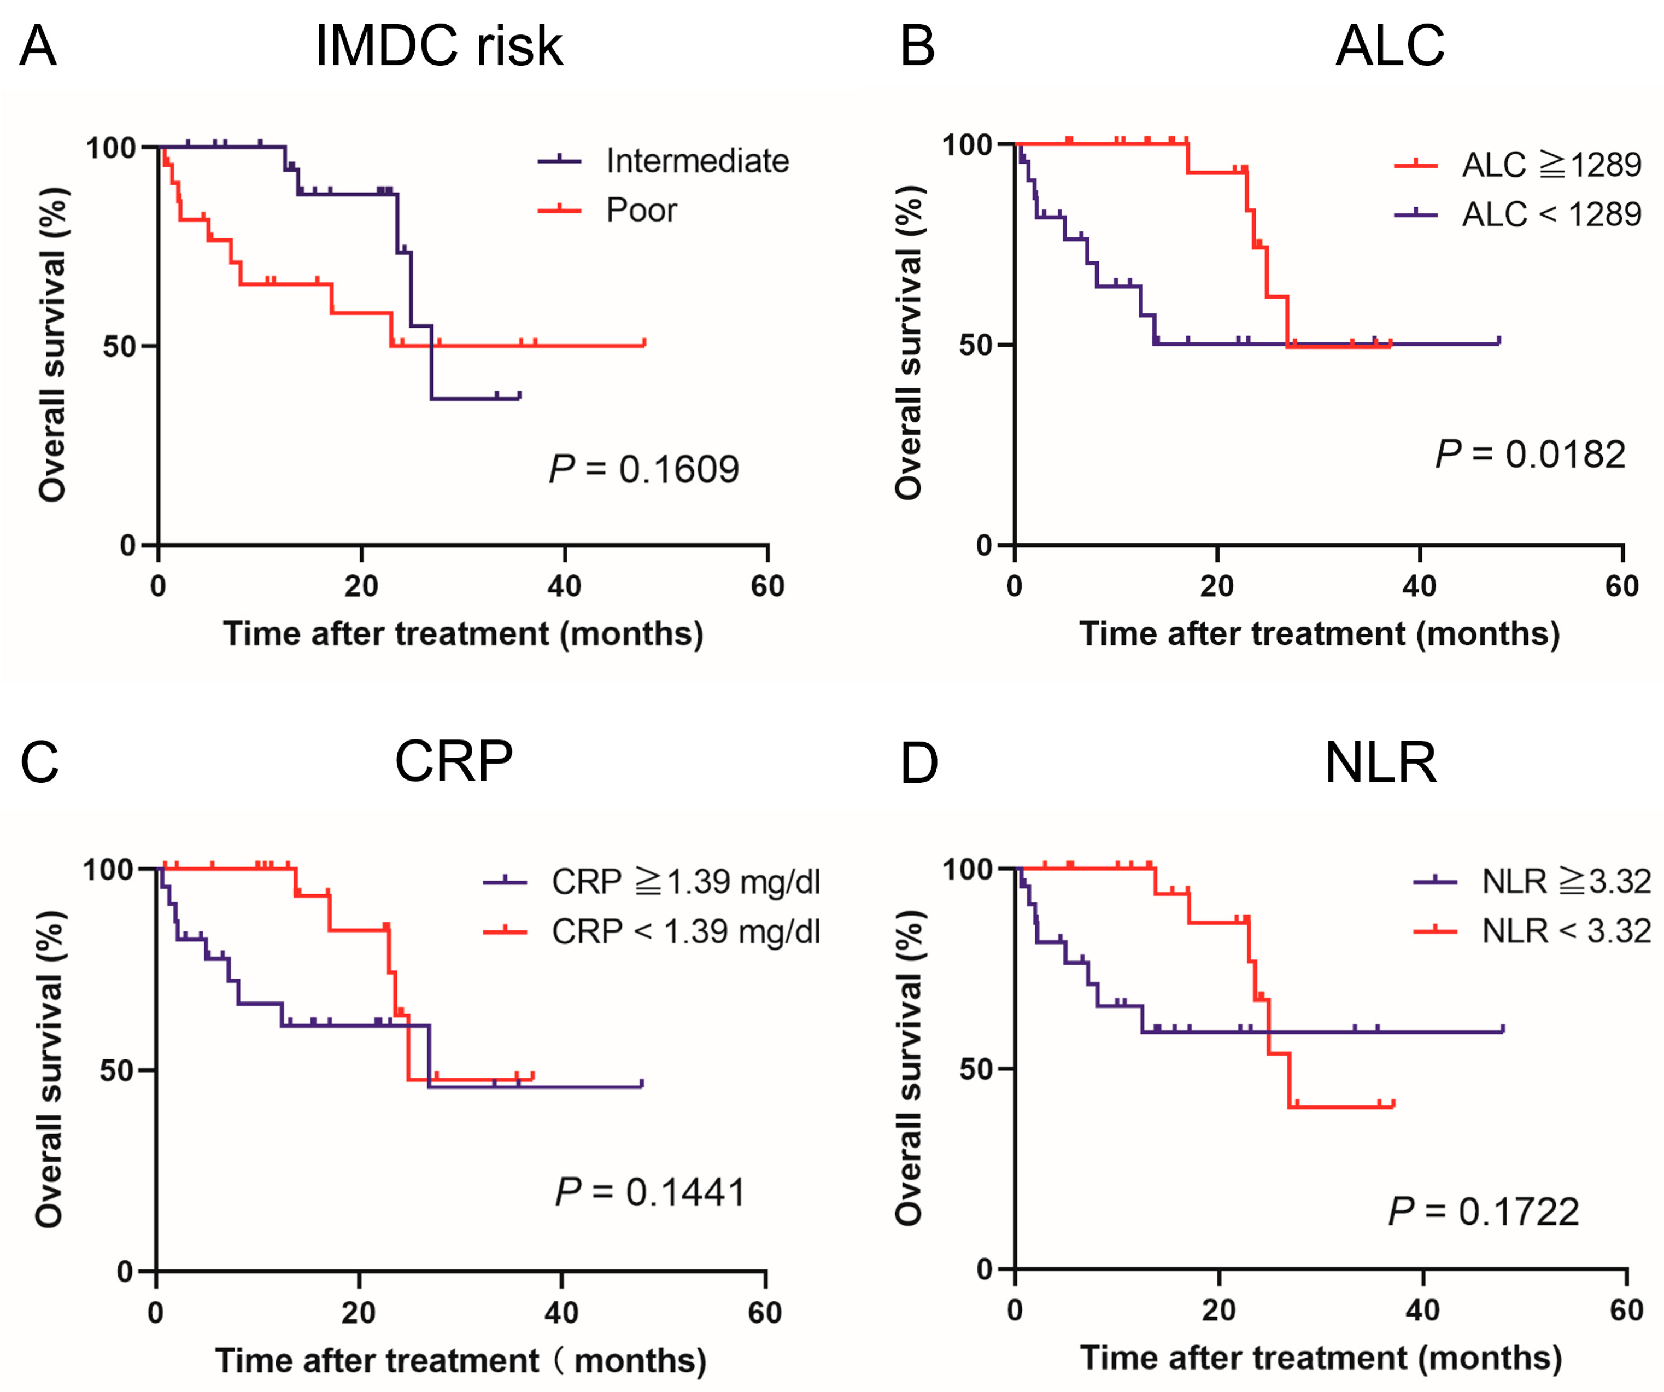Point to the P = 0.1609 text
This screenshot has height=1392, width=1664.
(644, 469)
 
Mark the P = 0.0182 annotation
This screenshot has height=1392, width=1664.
(1530, 454)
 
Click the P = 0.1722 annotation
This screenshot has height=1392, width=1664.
(1484, 1212)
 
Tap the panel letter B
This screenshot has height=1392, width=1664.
(917, 46)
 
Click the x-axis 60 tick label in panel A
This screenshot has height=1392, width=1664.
(767, 586)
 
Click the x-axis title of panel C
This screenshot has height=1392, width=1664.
(460, 1360)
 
